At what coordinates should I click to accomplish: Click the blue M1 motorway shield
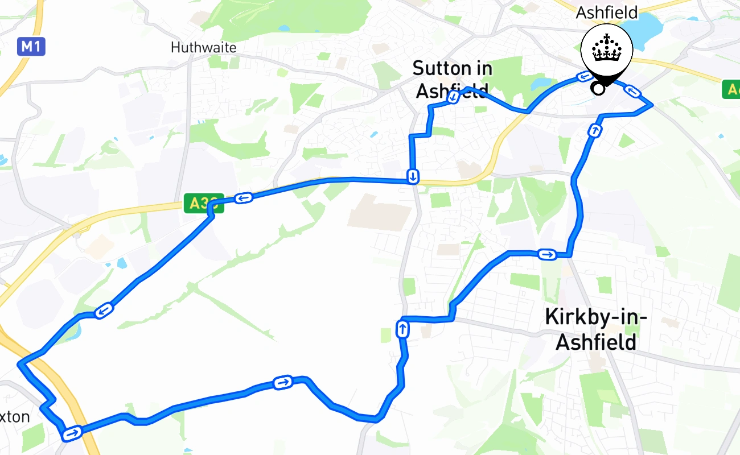coord(31,46)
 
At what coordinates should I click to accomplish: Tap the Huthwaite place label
coord(203,47)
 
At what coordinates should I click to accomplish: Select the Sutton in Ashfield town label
coord(453,79)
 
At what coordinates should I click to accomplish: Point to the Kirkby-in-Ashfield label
coord(595,329)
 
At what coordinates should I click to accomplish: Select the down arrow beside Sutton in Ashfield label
coord(453,97)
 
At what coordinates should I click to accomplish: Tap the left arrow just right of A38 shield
coord(243,198)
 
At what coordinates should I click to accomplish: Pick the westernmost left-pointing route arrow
coord(104,311)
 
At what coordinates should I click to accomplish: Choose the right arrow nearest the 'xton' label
coord(72,434)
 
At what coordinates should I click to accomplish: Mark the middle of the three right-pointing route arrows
coord(283,383)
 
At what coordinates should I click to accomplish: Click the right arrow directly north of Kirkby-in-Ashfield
coord(547,254)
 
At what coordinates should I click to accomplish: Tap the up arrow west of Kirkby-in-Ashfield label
coord(402,329)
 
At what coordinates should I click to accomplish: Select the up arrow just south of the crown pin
coord(594,131)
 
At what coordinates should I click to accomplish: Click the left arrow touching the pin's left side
coord(584,76)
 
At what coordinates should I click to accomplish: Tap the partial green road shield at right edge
coord(731,89)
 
